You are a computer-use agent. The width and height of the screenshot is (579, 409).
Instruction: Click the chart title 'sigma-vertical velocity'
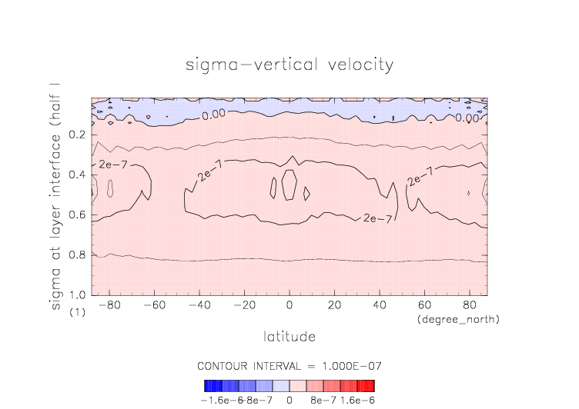(x=289, y=65)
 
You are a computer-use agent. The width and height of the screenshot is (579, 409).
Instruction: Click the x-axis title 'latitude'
(x=289, y=336)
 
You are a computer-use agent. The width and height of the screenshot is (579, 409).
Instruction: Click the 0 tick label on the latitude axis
(x=289, y=305)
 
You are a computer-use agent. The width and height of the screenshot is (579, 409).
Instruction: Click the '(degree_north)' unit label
(x=458, y=318)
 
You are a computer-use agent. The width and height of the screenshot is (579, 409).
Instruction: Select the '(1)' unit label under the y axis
(x=77, y=313)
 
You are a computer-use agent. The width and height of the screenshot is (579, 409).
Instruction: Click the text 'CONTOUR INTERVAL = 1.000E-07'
(x=289, y=365)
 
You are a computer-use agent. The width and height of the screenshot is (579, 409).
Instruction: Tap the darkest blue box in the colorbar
(x=207, y=385)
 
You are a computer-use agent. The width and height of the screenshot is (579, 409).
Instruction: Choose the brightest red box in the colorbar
(x=371, y=385)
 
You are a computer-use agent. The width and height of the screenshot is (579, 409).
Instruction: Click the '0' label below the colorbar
(x=289, y=400)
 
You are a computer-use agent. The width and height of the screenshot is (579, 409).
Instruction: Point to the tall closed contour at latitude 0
(x=289, y=185)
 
